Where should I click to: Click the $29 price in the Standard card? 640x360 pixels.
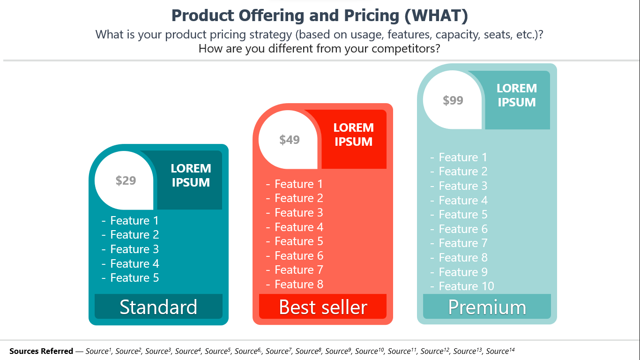[x=126, y=180]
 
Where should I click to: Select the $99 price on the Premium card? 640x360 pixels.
[x=453, y=100]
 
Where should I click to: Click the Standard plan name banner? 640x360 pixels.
[x=158, y=307]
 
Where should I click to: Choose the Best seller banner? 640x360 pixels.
[x=322, y=307]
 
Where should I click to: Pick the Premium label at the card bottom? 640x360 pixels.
[x=487, y=307]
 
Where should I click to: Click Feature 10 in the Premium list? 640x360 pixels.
[x=466, y=286]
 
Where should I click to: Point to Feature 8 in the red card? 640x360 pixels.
[x=299, y=285]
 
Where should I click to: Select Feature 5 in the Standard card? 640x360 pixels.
[x=134, y=278]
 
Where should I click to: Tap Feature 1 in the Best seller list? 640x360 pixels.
[x=298, y=184]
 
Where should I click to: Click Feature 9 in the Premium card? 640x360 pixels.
[x=463, y=272]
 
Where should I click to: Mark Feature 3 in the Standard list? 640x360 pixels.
[x=134, y=249]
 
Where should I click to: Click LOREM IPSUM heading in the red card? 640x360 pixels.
[x=353, y=135]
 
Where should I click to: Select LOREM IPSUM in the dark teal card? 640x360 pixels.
[x=191, y=175]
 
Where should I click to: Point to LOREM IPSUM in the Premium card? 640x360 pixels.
[x=517, y=95]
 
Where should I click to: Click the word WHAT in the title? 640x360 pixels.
[x=436, y=15]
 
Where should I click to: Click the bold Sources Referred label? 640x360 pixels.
[x=41, y=351]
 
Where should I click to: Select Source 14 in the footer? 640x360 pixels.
[x=500, y=351]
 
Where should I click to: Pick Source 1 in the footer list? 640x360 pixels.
[x=98, y=351]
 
